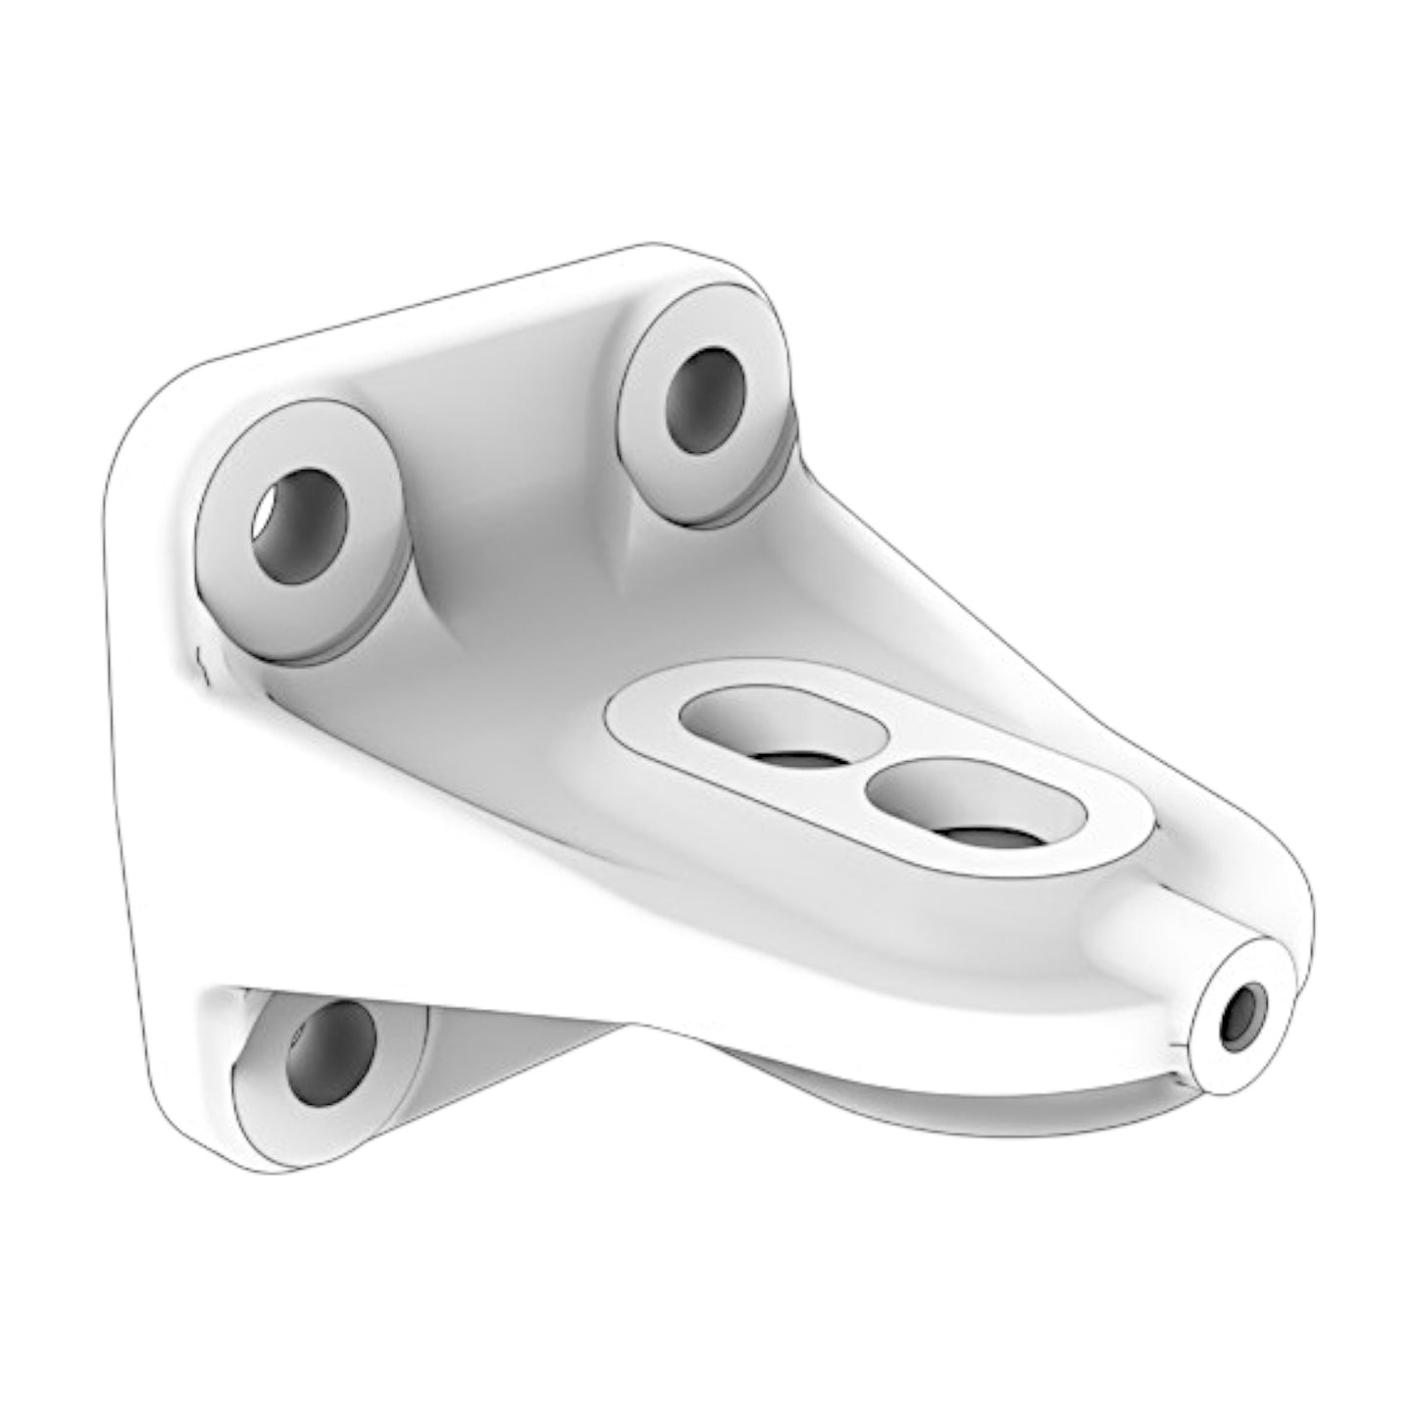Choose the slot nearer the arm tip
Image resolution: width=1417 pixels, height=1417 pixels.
click(x=974, y=803)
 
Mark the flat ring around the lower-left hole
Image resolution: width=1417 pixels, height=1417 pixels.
click(x=265, y=1118)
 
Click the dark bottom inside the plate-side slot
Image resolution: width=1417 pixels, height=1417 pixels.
click(x=794, y=760)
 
